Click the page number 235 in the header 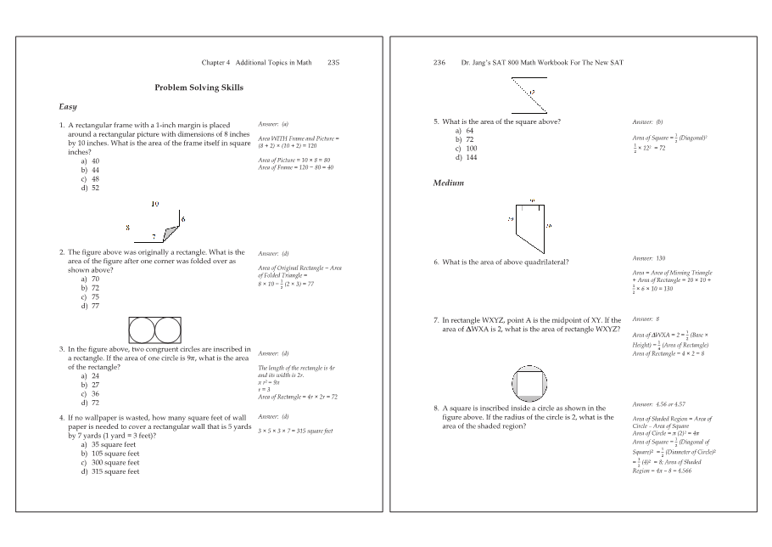coord(333,63)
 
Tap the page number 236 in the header coord(439,63)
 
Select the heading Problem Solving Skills coord(199,87)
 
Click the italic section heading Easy coord(68,107)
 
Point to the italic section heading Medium coord(448,183)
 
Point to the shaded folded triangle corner coord(172,230)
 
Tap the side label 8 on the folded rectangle coord(127,228)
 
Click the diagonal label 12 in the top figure coord(532,91)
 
